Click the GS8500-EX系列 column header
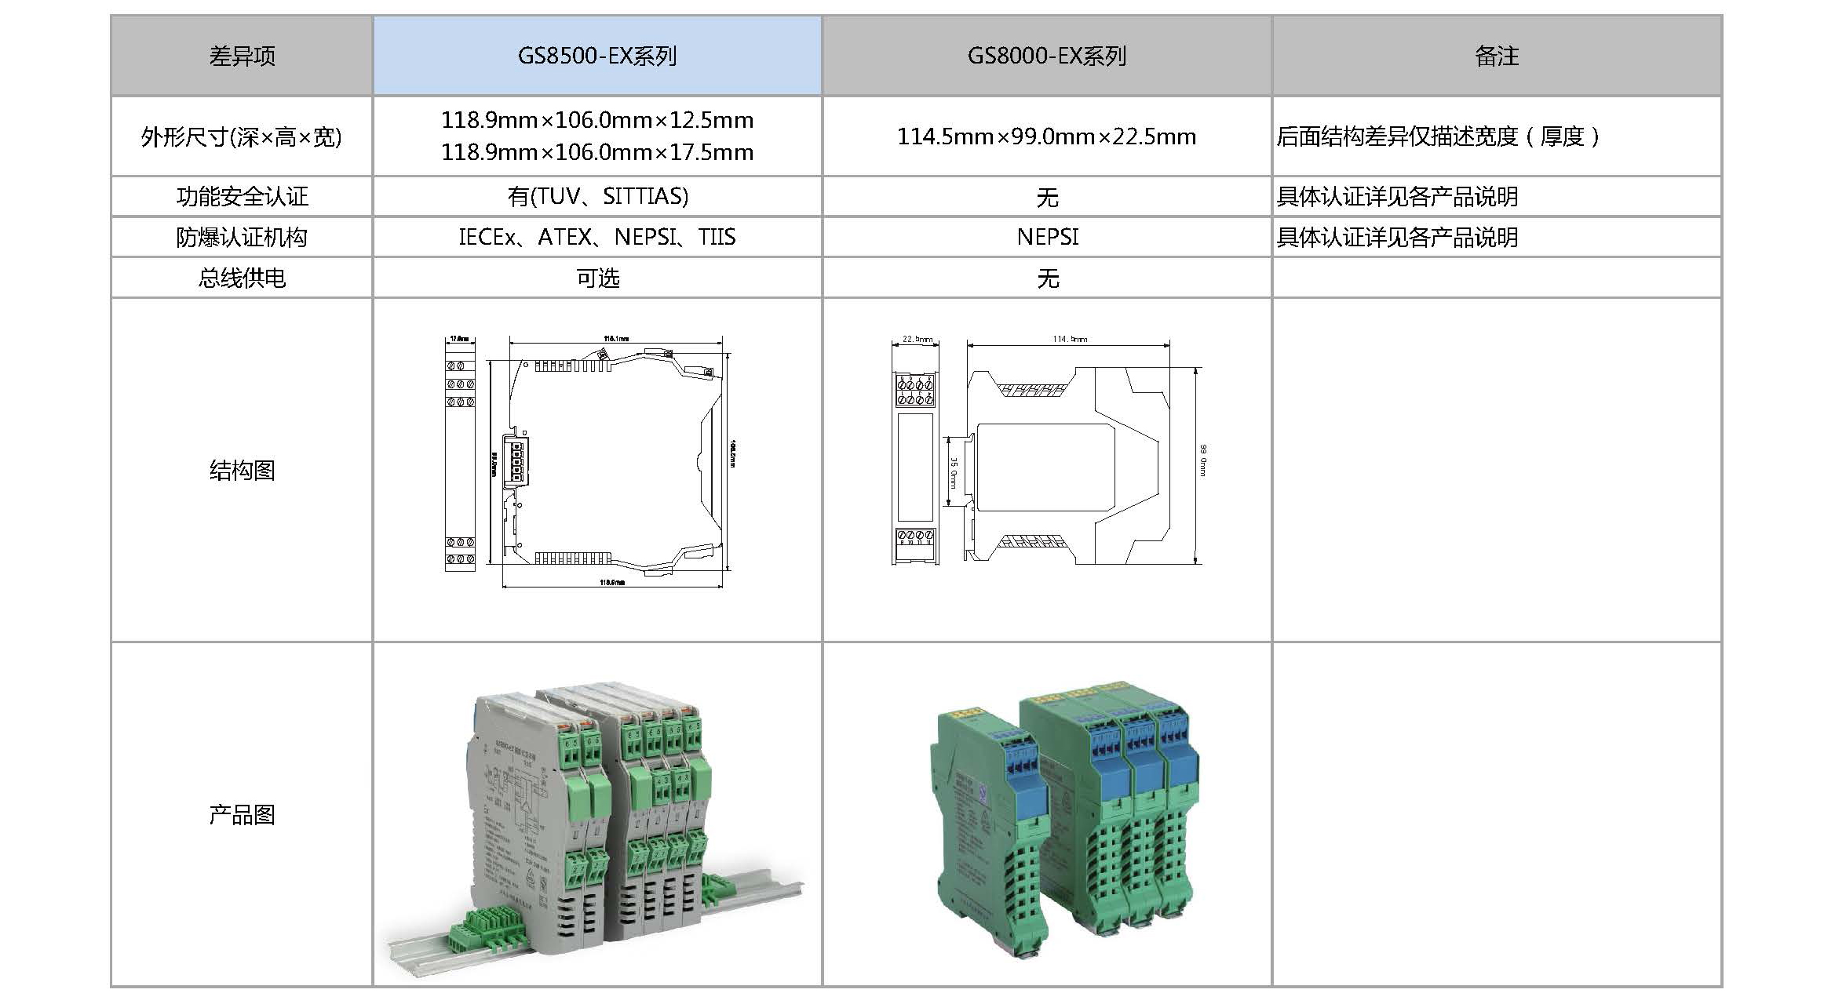pos(597,56)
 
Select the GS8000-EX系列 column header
pos(1047,56)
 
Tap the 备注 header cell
pos(1497,56)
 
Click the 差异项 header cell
pos(242,56)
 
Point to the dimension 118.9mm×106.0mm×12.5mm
pos(597,120)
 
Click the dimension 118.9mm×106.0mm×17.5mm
pos(597,152)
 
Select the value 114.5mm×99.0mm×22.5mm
pos(1047,136)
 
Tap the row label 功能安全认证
pos(242,196)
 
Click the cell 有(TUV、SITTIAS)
pos(597,196)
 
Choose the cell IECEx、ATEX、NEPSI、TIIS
pos(597,237)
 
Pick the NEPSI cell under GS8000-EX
pos(1047,237)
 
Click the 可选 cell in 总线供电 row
pos(597,278)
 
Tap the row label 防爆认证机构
pos(242,237)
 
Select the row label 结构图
pos(242,470)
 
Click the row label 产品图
pos(242,814)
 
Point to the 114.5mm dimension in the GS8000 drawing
pos(1070,339)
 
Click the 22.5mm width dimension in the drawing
pos(917,339)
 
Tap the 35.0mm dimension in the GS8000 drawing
pos(954,474)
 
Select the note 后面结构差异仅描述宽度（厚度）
pos(1438,136)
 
